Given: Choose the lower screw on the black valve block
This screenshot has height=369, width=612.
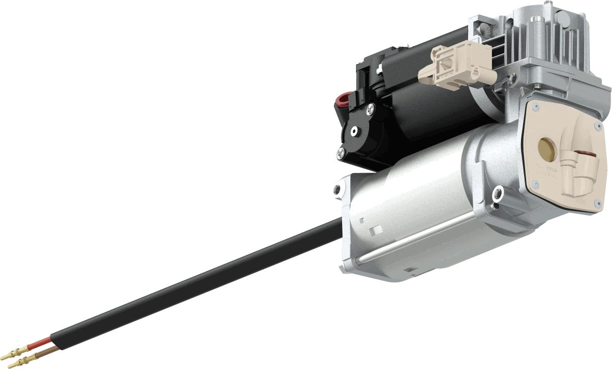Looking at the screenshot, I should [x=340, y=151].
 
